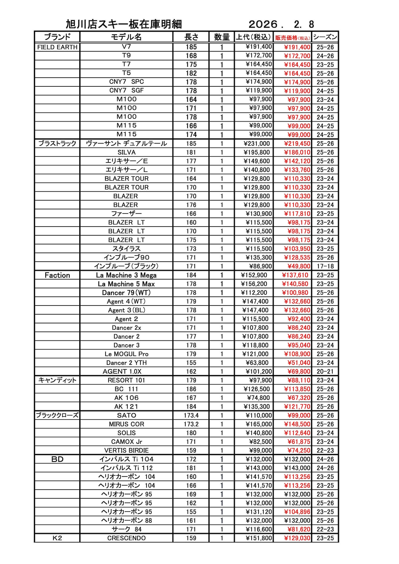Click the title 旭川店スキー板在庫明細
(x=124, y=24)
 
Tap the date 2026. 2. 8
(x=281, y=24)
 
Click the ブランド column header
(x=57, y=37)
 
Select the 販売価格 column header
(x=292, y=38)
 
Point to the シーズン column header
(x=325, y=37)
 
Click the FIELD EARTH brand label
(x=57, y=47)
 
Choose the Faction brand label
(x=57, y=275)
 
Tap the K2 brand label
(x=57, y=538)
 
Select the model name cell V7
(x=126, y=47)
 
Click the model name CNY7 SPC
(x=126, y=82)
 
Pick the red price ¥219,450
(x=297, y=144)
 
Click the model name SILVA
(x=126, y=152)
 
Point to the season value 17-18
(x=325, y=266)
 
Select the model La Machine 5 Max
(x=126, y=284)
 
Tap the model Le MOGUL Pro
(x=126, y=354)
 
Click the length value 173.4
(x=191, y=415)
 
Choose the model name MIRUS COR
(x=126, y=424)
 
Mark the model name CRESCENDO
(x=126, y=538)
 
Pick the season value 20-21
(x=325, y=371)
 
